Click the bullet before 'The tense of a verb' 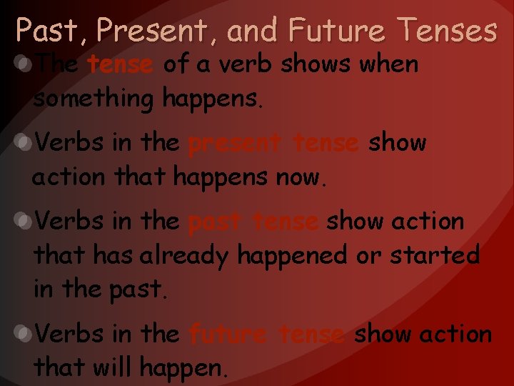point(24,65)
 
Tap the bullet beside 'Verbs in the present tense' point(24,144)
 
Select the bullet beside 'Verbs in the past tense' point(24,222)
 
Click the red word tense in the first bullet point(120,65)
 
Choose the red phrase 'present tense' point(273,143)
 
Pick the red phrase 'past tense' point(253,222)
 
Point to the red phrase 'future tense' point(267,334)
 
